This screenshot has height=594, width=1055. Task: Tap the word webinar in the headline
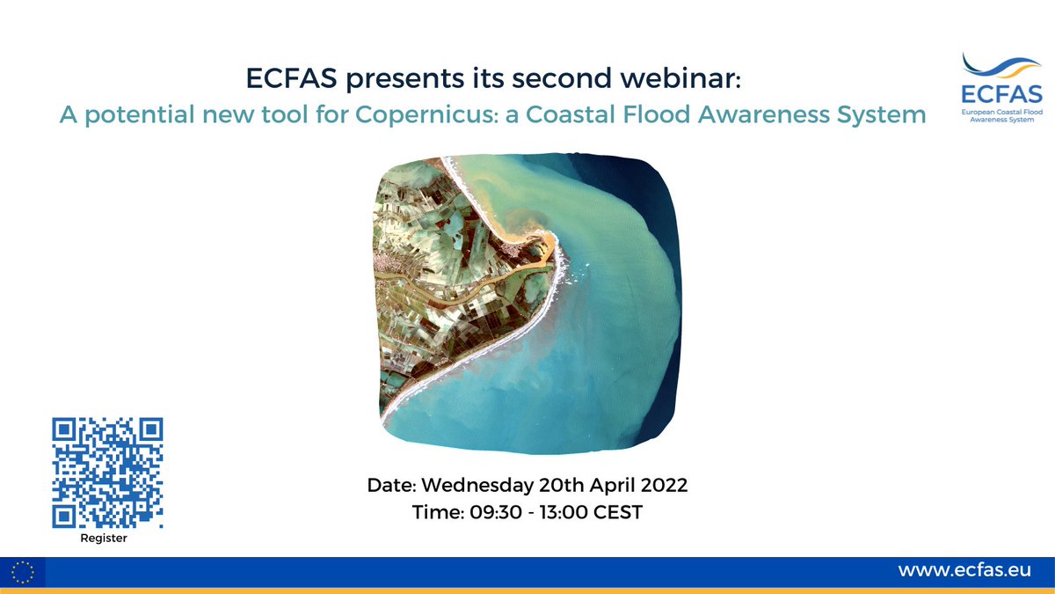pyautogui.click(x=685, y=79)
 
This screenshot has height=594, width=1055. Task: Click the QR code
pyautogui.click(x=107, y=473)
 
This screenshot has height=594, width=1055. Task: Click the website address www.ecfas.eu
pyautogui.click(x=964, y=570)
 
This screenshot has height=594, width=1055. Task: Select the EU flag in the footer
pyautogui.click(x=24, y=572)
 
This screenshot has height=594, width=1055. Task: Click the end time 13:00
pyautogui.click(x=557, y=511)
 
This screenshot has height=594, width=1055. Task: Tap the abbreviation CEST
pyautogui.click(x=616, y=511)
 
